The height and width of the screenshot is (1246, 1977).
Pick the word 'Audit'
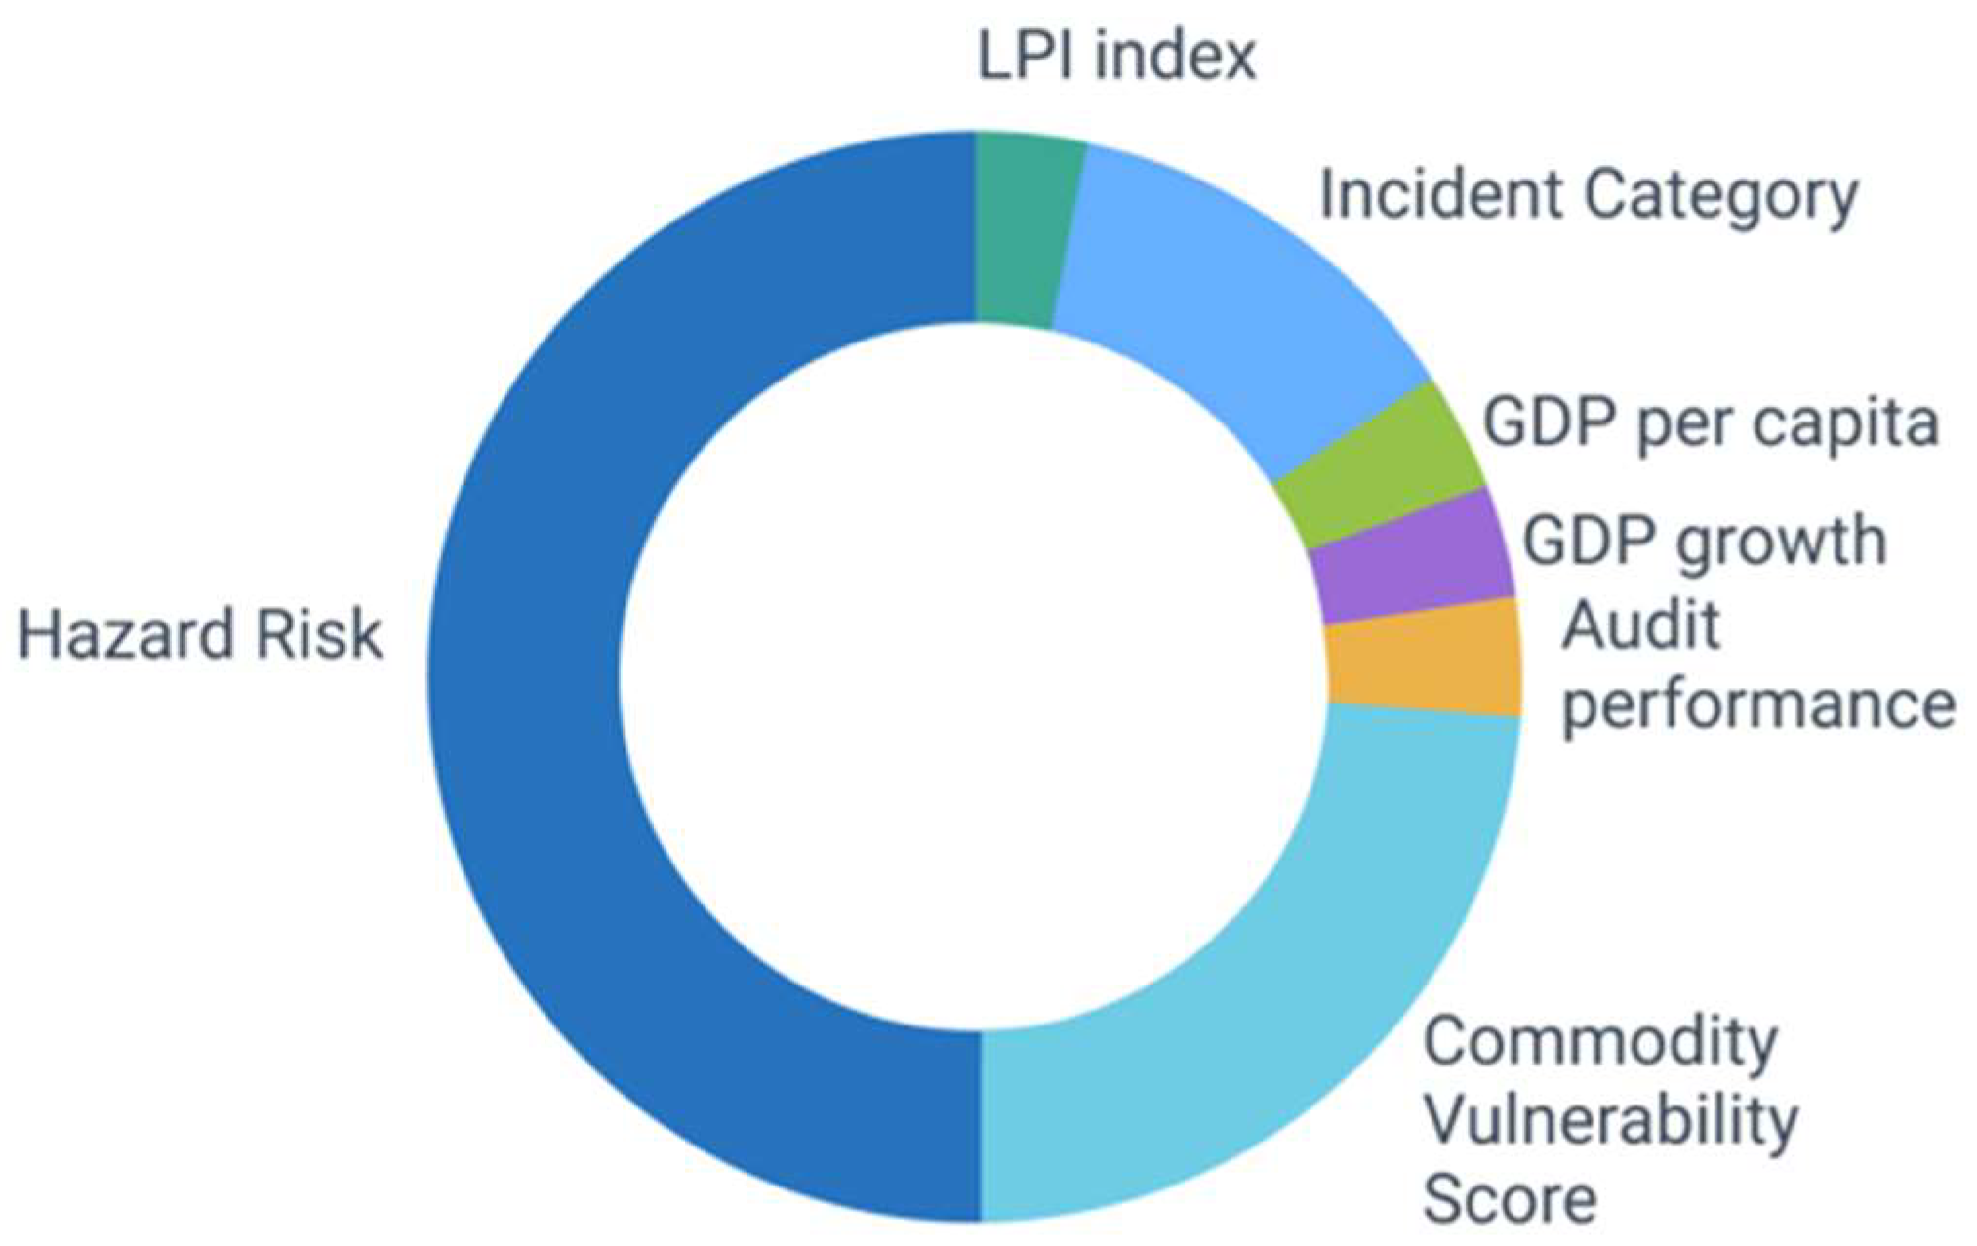coord(1639,624)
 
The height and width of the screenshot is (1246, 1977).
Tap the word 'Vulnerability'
coord(1610,1120)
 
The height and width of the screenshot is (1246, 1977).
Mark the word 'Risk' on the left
coord(318,634)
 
